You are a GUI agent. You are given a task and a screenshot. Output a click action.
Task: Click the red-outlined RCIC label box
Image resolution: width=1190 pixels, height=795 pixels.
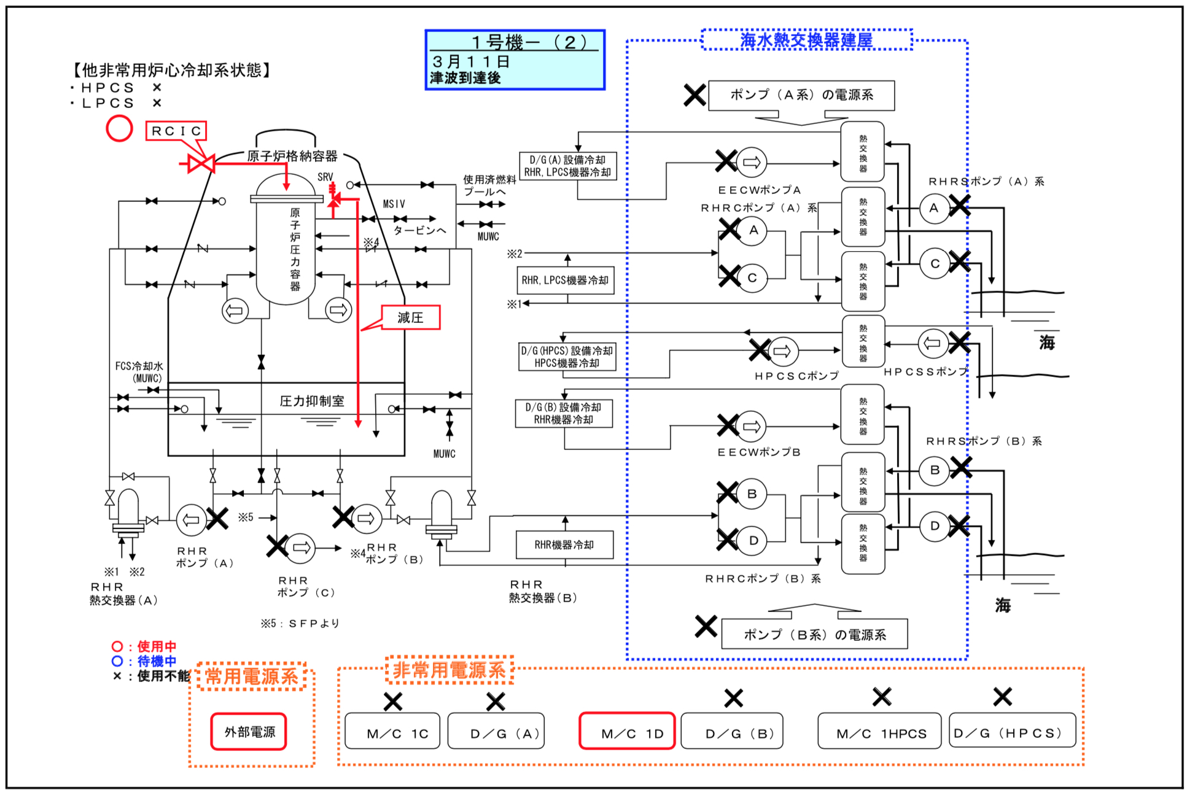(x=176, y=131)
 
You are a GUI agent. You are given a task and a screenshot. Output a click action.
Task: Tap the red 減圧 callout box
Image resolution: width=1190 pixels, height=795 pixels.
(x=411, y=317)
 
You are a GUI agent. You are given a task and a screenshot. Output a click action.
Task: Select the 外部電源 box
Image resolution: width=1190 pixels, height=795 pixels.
(x=249, y=731)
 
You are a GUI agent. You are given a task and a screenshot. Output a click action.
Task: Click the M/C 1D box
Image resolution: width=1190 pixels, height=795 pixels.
(x=627, y=731)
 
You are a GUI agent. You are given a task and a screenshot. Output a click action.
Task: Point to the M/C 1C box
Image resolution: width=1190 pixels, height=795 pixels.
(x=392, y=731)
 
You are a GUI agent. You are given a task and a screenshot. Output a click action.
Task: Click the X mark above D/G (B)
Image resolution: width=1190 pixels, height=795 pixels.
(x=733, y=698)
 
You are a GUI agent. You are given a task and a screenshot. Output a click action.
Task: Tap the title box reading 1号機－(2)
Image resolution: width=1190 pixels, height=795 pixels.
(x=515, y=60)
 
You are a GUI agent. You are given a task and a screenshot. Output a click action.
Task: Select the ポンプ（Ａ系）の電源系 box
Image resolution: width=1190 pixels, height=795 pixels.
(x=801, y=95)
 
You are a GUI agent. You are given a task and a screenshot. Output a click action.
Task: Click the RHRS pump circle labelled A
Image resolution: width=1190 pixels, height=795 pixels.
(x=935, y=208)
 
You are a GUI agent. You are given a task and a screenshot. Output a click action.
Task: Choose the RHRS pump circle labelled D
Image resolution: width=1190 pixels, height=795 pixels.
(x=935, y=526)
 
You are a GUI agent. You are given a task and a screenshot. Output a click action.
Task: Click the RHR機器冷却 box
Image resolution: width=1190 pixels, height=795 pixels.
(x=564, y=545)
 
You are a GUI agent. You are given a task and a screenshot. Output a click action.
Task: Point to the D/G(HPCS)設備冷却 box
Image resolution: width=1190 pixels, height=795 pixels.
(x=567, y=357)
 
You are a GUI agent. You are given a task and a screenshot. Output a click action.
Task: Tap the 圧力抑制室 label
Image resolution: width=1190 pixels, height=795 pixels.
(x=312, y=401)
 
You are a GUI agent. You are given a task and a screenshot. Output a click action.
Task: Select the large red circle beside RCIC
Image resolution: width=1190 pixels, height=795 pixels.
(x=119, y=128)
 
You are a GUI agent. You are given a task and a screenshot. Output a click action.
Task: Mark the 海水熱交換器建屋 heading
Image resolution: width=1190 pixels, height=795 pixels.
(x=806, y=40)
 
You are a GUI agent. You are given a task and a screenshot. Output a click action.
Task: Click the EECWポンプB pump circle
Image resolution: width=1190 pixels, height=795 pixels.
(x=751, y=427)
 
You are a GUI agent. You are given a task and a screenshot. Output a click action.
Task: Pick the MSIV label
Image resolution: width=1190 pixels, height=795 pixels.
(x=394, y=204)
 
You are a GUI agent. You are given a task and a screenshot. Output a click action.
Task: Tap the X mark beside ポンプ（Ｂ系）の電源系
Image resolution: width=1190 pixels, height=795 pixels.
(x=706, y=626)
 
